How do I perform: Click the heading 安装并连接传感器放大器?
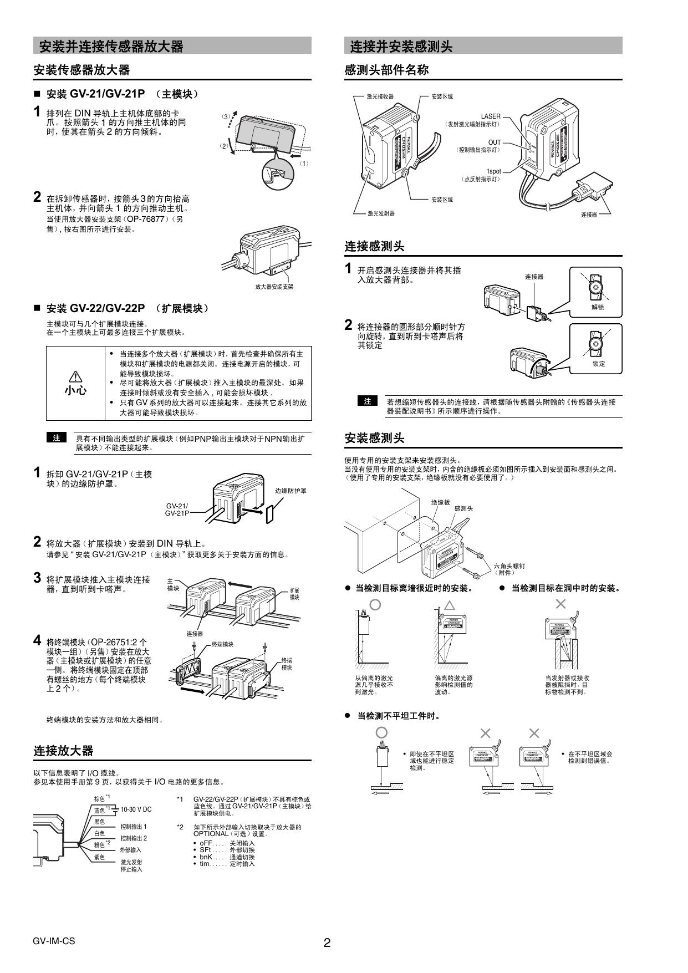point(111,47)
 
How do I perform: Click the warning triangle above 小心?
point(75,376)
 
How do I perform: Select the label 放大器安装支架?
point(274,287)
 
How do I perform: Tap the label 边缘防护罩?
point(291,491)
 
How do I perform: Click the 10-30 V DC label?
point(136,809)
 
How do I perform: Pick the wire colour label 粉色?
point(100,845)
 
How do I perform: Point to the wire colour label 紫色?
point(99,857)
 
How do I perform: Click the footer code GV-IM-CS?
point(53,941)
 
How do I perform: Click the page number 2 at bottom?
point(327,943)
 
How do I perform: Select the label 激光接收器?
point(380,96)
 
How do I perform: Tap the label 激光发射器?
point(381,213)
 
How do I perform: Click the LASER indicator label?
point(490,116)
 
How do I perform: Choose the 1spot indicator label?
point(493,171)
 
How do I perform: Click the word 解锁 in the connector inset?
point(597,307)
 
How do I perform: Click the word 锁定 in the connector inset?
point(598,364)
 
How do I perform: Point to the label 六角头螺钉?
point(509,566)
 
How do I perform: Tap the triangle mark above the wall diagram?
point(449,605)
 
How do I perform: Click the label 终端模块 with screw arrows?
point(222,644)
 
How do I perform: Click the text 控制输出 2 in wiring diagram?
point(134,838)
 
